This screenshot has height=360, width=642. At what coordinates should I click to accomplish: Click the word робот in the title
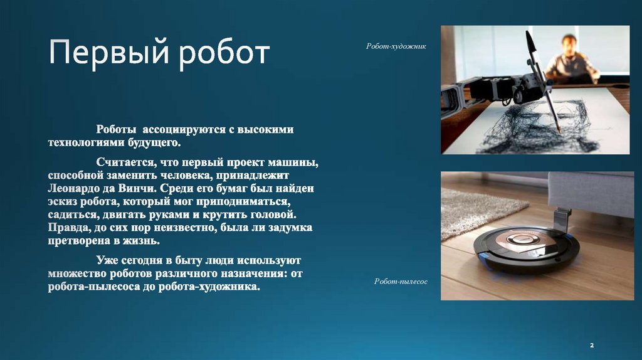pos(223,54)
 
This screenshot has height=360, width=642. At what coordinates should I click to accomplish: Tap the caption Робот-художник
pos(396,46)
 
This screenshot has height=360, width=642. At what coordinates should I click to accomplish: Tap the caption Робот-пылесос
pos(401,282)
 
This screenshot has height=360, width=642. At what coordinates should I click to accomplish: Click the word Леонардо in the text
pos(75,188)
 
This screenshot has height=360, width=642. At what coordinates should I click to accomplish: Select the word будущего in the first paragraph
pos(140,142)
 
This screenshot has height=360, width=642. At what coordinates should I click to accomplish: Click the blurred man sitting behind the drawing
pos(570,60)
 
